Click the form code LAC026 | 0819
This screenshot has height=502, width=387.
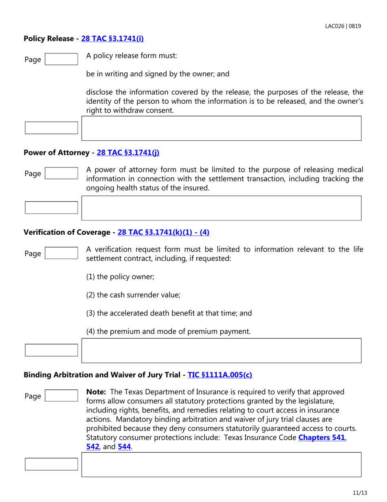(x=343, y=26)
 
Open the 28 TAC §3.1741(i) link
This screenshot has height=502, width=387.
(x=112, y=39)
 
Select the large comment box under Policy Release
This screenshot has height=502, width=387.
(x=222, y=129)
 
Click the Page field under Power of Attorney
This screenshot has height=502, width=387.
(x=61, y=173)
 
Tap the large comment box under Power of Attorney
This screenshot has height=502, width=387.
(x=222, y=208)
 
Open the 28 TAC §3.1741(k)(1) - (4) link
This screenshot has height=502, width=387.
(x=163, y=232)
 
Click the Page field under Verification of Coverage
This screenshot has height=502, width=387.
(x=61, y=253)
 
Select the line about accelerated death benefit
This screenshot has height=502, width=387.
(x=169, y=313)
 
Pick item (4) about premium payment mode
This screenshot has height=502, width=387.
(x=168, y=331)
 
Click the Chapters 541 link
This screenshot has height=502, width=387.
(x=324, y=438)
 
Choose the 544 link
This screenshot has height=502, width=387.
(x=124, y=446)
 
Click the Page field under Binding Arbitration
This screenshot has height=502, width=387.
(x=61, y=396)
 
